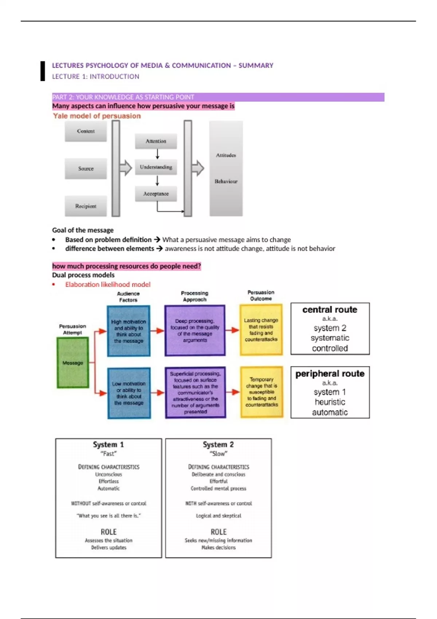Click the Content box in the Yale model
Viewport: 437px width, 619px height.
(86, 131)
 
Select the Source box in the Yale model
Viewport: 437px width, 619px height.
(86, 169)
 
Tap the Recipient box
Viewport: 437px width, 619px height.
(86, 206)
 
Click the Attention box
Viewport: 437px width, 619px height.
(156, 141)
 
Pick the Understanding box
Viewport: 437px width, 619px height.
(156, 167)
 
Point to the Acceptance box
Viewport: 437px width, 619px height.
(156, 194)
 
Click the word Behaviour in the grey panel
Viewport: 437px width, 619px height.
(226, 181)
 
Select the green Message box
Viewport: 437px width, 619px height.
(73, 363)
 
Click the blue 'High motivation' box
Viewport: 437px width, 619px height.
(129, 331)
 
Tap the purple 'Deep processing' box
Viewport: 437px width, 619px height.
(195, 331)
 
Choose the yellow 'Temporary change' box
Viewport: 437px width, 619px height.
(261, 392)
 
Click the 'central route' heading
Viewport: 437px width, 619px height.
(330, 309)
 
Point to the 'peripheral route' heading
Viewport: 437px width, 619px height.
(330, 374)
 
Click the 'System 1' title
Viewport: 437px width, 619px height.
(108, 445)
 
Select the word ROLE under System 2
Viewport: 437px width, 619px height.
(219, 532)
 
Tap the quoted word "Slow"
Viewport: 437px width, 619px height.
(219, 454)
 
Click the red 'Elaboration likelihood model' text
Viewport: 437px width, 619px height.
(108, 284)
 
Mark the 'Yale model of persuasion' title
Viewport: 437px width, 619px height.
(97, 116)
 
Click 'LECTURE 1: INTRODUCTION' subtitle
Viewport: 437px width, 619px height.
(95, 76)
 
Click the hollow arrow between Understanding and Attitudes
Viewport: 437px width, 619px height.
(197, 168)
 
